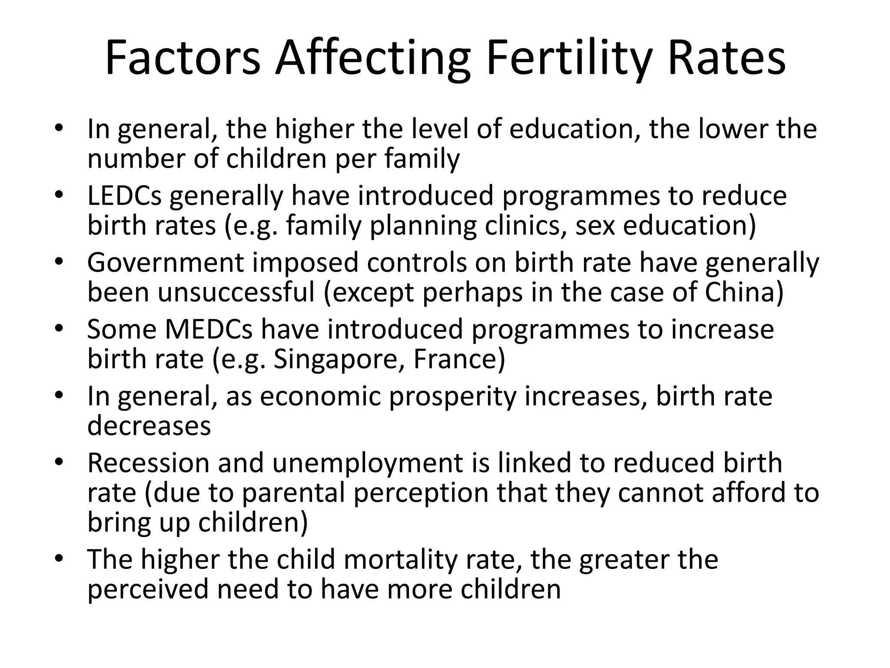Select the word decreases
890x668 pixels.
(x=149, y=426)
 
